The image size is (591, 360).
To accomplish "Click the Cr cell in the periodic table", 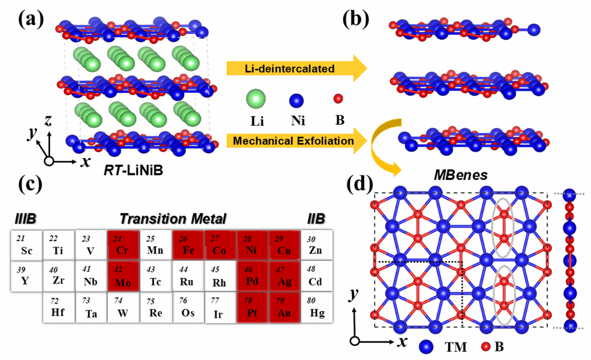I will coord(123,244).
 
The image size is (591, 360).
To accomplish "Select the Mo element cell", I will coord(123,276).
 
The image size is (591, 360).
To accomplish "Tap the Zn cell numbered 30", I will coord(316,244).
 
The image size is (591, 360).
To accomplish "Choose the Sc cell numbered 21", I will coord(26,244).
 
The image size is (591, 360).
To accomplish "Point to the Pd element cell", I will coord(252,276).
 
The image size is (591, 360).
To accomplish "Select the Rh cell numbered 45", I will coord(219,276).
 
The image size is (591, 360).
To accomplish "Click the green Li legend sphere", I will coord(256,100).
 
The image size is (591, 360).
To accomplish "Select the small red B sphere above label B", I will coord(338,98).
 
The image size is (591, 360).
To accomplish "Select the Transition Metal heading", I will coord(173,218).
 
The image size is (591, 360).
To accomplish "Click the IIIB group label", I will coord(23,218).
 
